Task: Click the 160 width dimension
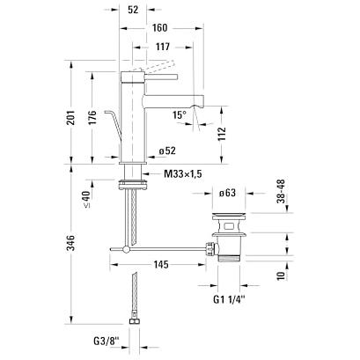pos(160,28)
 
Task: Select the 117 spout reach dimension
pos(163,47)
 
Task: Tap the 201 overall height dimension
pos(70,117)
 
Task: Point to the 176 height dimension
pos(92,117)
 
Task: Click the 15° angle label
pos(179,114)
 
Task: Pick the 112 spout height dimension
pos(222,134)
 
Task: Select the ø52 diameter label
pos(167,151)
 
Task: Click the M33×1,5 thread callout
pos(183,174)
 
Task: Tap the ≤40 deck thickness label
pos(86,200)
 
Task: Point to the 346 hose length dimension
pos(70,243)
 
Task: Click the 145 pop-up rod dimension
pos(161,265)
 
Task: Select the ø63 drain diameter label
pos(227,193)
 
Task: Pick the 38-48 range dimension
pos(281,191)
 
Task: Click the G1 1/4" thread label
pos(229,300)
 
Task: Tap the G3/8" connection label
pos(107,342)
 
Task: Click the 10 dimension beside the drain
pos(281,276)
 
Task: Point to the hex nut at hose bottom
pos(135,321)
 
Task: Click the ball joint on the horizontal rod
pos(126,249)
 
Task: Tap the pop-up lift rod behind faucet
pos(115,123)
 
